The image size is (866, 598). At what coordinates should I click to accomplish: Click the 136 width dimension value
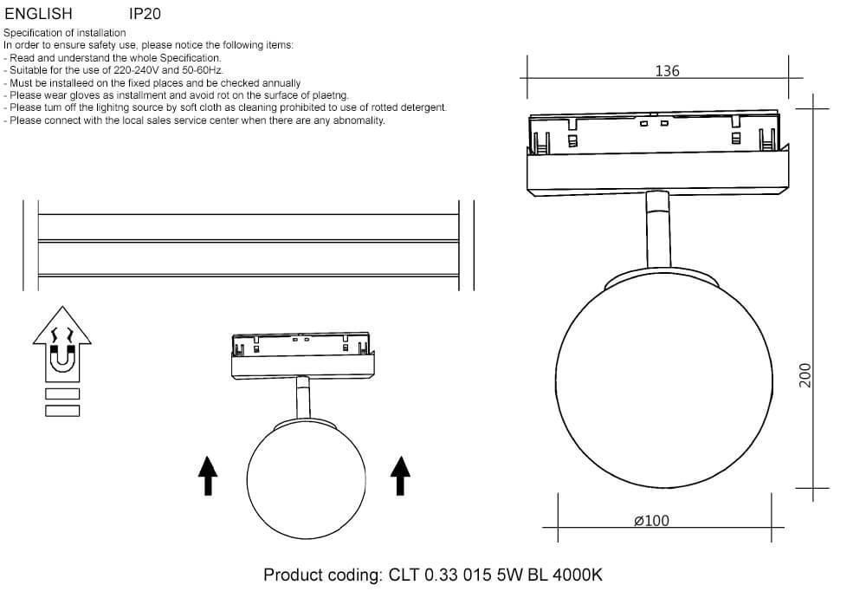click(x=667, y=71)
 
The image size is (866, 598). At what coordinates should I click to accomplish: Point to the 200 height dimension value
click(x=805, y=375)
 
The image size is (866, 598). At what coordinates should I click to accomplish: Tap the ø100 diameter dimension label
click(x=652, y=521)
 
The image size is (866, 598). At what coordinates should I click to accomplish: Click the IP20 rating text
click(x=145, y=13)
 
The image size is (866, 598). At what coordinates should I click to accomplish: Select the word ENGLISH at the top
click(x=38, y=13)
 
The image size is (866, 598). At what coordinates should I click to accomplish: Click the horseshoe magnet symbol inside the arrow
click(x=61, y=358)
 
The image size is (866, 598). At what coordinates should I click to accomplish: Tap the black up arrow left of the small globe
click(x=208, y=476)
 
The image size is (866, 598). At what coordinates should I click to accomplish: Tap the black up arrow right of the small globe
click(x=400, y=476)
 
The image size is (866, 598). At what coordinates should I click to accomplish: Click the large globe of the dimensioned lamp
click(x=664, y=379)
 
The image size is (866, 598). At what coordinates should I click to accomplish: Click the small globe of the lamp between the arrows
click(x=306, y=478)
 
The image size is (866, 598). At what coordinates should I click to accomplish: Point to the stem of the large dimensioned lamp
click(x=658, y=231)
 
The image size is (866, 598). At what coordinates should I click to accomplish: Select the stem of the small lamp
click(x=302, y=398)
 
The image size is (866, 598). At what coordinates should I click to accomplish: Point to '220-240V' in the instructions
click(x=137, y=70)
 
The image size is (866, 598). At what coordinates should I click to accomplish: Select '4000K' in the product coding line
click(x=578, y=575)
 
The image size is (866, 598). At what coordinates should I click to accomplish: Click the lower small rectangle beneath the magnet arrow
click(x=62, y=411)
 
